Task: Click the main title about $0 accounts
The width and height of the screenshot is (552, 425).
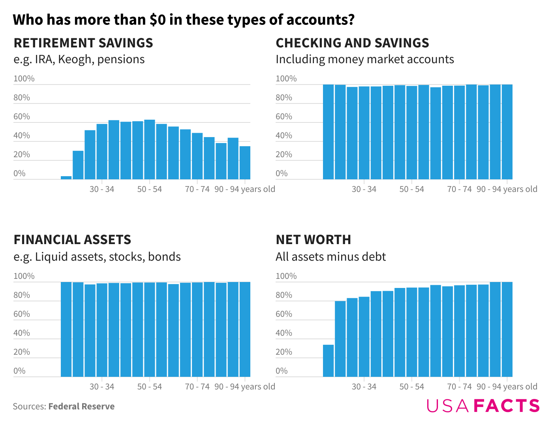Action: pyautogui.click(x=184, y=19)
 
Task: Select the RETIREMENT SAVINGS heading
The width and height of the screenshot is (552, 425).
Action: pyautogui.click(x=83, y=43)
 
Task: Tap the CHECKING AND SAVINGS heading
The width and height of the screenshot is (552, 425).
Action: pyautogui.click(x=352, y=43)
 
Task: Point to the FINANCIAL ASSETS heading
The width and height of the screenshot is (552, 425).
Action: pyautogui.click(x=72, y=239)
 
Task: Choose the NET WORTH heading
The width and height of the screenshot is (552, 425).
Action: pyautogui.click(x=313, y=239)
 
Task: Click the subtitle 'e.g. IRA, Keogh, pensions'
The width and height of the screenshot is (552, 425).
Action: pyautogui.click(x=79, y=59)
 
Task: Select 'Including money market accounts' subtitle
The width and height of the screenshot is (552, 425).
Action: pyautogui.click(x=364, y=59)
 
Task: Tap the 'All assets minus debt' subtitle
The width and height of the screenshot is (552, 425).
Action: pyautogui.click(x=330, y=257)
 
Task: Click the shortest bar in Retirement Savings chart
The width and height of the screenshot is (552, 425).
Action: pyautogui.click(x=66, y=178)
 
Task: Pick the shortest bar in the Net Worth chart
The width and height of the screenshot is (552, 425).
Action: pyautogui.click(x=328, y=361)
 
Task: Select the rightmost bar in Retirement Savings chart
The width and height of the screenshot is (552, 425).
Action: pyautogui.click(x=245, y=163)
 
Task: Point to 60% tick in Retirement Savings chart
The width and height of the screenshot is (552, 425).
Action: pyautogui.click(x=22, y=117)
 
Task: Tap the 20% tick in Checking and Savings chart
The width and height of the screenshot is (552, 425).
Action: pyautogui.click(x=284, y=154)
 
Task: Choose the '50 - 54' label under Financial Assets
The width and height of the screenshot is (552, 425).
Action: pyautogui.click(x=150, y=387)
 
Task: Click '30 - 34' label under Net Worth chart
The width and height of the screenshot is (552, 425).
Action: pyautogui.click(x=364, y=387)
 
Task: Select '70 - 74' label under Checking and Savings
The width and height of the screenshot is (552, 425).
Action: pyautogui.click(x=459, y=189)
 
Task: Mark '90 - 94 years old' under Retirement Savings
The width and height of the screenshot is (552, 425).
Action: pyautogui.click(x=245, y=189)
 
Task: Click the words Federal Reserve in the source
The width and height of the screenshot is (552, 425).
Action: pyautogui.click(x=81, y=406)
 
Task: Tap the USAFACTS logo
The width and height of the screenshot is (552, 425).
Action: pyautogui.click(x=483, y=406)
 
